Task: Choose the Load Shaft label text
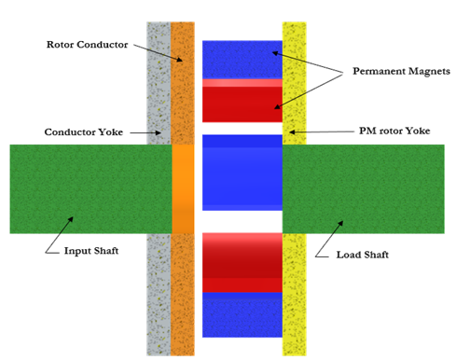coord(363,254)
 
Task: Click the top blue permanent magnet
coord(242,59)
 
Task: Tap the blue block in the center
coord(242,173)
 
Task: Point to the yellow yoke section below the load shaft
coord(294,294)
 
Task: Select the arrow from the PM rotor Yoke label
coord(322,132)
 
